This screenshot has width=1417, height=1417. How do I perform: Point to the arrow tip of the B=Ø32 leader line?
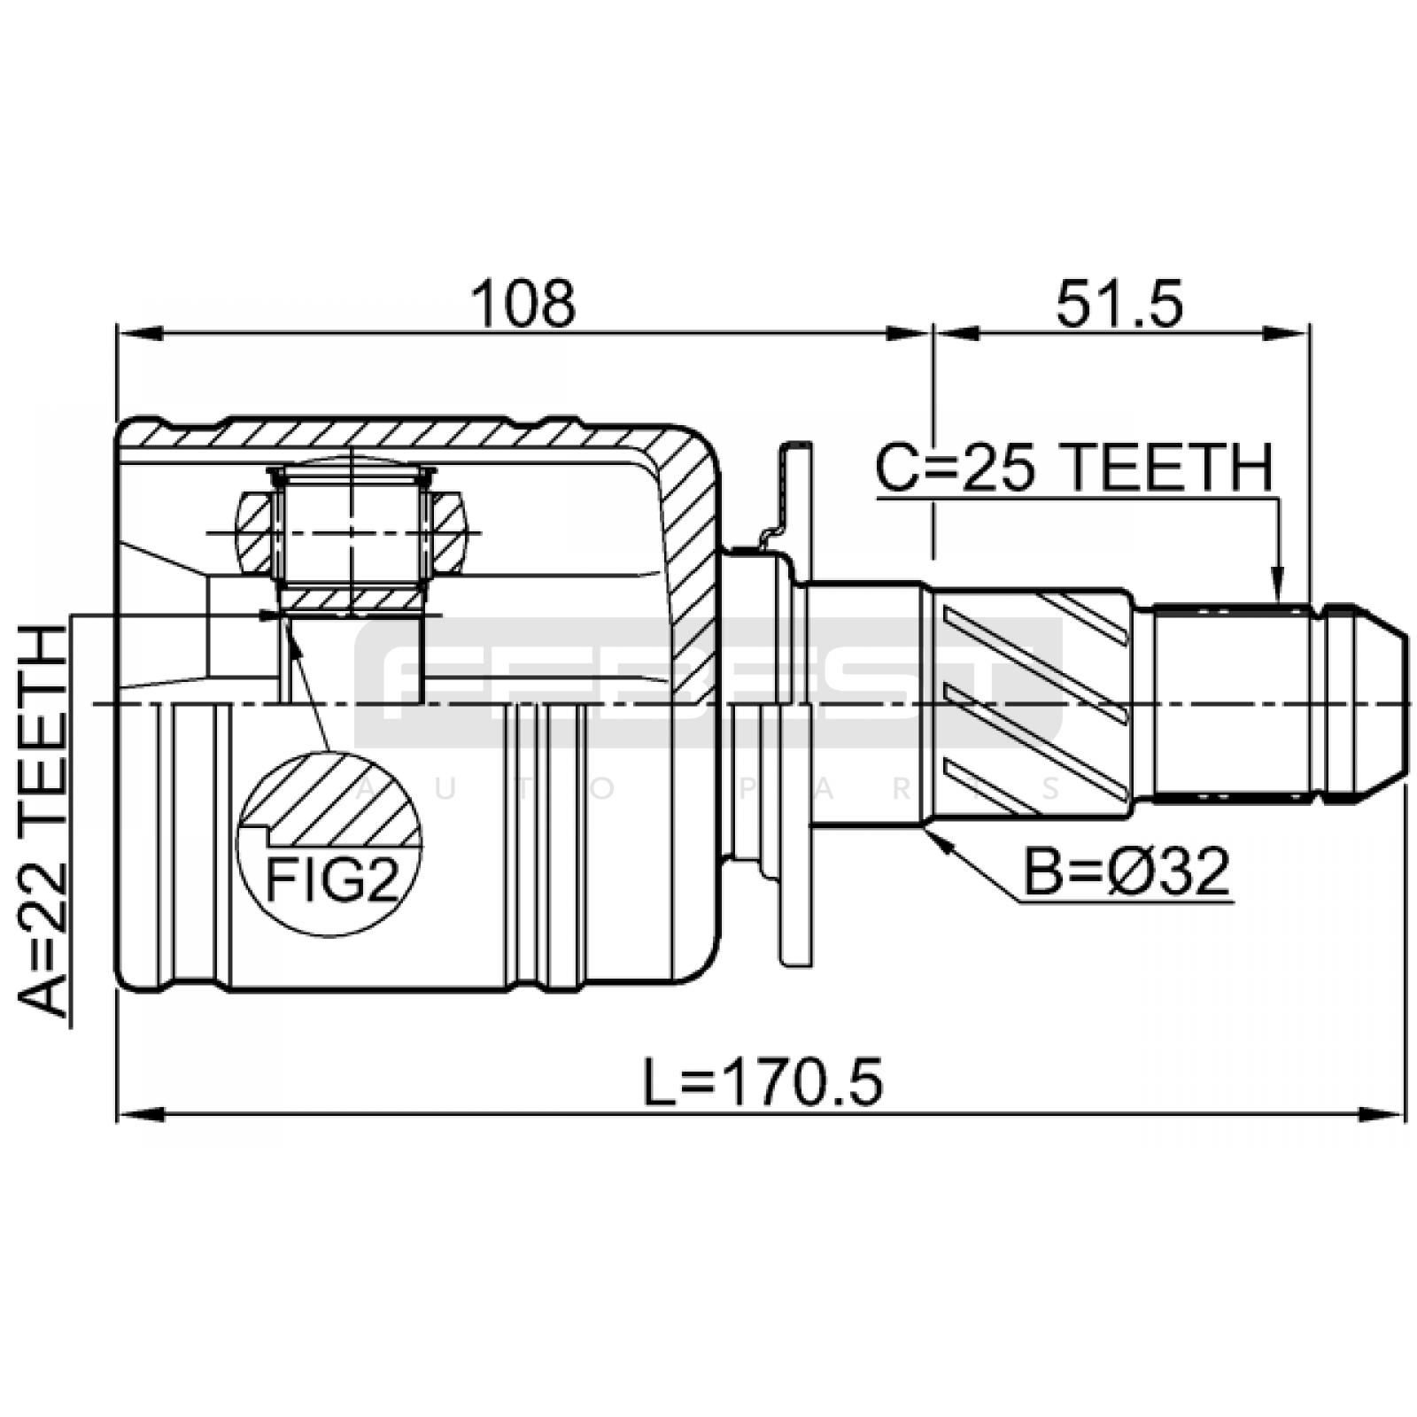point(926,830)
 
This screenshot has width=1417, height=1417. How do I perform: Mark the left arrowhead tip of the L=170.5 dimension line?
point(118,1113)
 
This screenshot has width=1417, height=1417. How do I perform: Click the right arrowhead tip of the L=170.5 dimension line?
point(1405,1113)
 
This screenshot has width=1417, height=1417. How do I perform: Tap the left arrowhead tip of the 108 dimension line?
point(118,333)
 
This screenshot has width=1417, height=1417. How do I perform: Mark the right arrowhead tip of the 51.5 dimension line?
point(1309,333)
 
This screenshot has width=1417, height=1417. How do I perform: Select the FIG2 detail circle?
point(329,843)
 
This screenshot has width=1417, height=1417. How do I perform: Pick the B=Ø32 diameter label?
point(1127,872)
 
